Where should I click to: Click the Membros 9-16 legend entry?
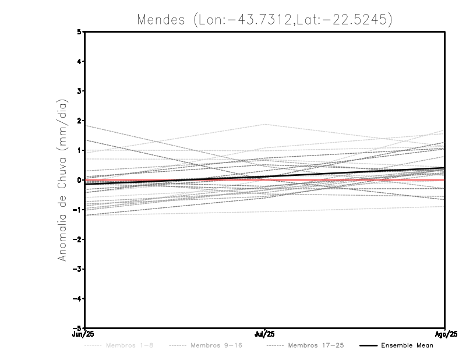(x=216, y=346)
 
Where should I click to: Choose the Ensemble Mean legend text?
(x=407, y=346)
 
